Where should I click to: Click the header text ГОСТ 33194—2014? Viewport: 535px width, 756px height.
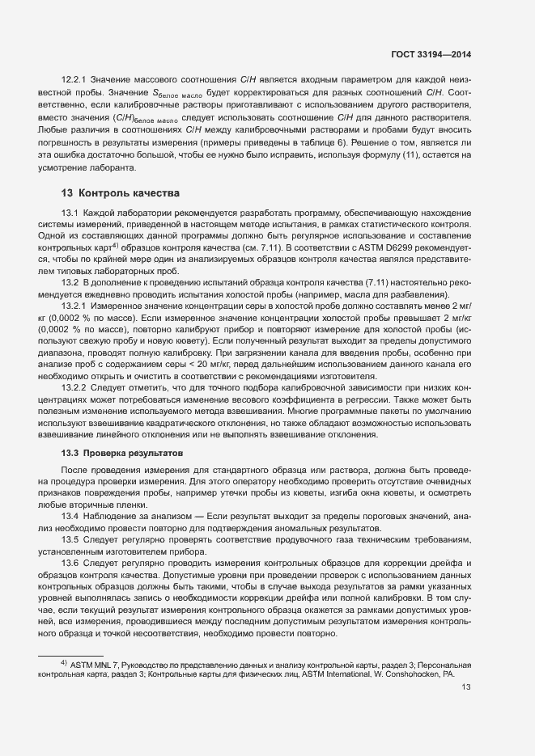(431, 53)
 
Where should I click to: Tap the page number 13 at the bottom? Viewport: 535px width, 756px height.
(465, 687)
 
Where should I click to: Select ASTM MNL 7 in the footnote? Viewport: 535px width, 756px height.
(95, 663)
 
